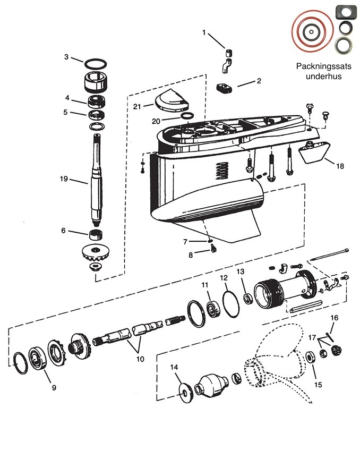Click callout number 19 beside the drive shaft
(x=64, y=179)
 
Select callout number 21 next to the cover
(x=137, y=106)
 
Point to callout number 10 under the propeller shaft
(x=140, y=359)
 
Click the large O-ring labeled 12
(x=231, y=304)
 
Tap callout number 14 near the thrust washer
(x=174, y=367)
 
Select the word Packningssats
(x=324, y=66)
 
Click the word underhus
(x=324, y=76)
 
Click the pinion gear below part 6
(x=95, y=253)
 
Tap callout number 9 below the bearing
(x=54, y=387)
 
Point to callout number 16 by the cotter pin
(x=335, y=318)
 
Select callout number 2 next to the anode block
(x=259, y=81)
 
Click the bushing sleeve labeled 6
(x=96, y=235)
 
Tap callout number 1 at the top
(x=204, y=32)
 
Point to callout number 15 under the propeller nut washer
(x=318, y=385)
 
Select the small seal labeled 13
(x=248, y=299)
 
